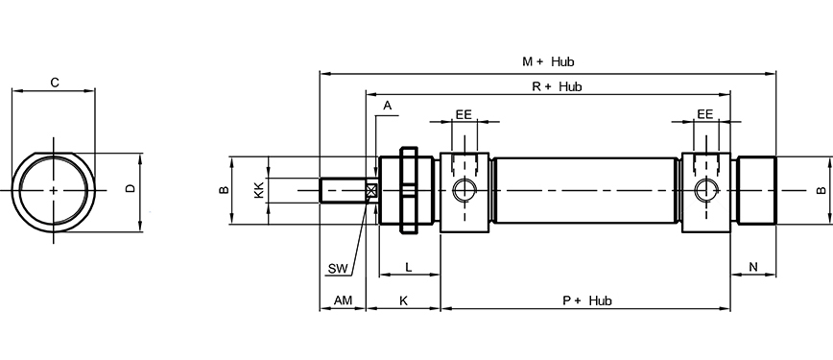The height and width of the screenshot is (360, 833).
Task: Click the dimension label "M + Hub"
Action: pyautogui.click(x=548, y=61)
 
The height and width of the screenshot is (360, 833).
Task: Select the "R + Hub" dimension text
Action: pyautogui.click(x=557, y=86)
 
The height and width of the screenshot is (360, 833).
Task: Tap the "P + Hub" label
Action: pyautogui.click(x=587, y=301)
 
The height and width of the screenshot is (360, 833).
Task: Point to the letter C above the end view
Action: pyautogui.click(x=54, y=83)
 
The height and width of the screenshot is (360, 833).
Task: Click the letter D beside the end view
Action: pyautogui.click(x=131, y=188)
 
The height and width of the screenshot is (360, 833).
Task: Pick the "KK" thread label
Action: pyautogui.click(x=259, y=190)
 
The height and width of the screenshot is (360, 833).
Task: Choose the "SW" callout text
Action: pyautogui.click(x=338, y=269)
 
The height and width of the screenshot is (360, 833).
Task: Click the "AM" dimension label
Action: pyautogui.click(x=343, y=300)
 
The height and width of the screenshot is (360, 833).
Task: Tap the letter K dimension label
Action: pyautogui.click(x=403, y=300)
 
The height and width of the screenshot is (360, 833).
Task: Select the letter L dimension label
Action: pyautogui.click(x=409, y=268)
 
